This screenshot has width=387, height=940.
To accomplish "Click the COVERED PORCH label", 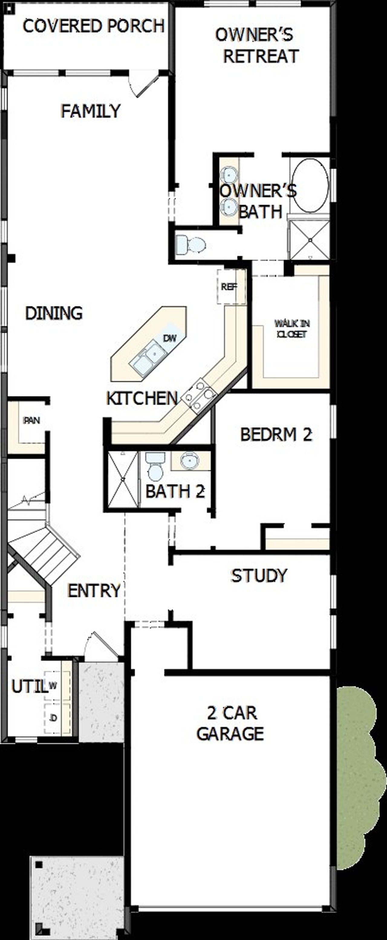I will pyautogui.click(x=93, y=26).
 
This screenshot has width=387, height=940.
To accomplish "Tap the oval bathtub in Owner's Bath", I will pyautogui.click(x=310, y=185).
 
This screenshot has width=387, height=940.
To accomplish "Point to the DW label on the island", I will pyautogui.click(x=169, y=338).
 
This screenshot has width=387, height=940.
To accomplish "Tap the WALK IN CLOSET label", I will pyautogui.click(x=292, y=329).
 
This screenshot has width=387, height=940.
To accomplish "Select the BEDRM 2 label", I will pyautogui.click(x=276, y=434).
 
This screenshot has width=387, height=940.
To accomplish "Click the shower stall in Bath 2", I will pyautogui.click(x=123, y=479).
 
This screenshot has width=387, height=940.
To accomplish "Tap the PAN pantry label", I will pyautogui.click(x=32, y=421).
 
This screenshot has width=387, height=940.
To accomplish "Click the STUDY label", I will pyautogui.click(x=259, y=575).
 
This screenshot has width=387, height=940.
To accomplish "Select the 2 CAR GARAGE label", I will pyautogui.click(x=231, y=723).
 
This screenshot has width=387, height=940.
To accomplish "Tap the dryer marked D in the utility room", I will pyautogui.click(x=53, y=718).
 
